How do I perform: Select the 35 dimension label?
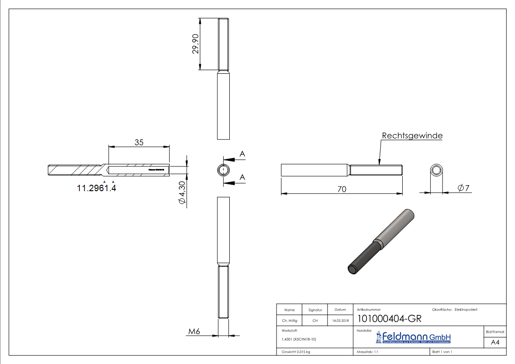tap(139, 142)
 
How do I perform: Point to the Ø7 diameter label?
tap(463, 188)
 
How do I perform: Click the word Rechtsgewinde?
tap(412, 136)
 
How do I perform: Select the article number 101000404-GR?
tap(389, 319)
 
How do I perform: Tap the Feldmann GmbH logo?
tap(414, 338)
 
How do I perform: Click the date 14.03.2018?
tap(340, 320)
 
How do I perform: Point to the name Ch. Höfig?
tap(289, 320)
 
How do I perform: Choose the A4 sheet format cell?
tap(495, 342)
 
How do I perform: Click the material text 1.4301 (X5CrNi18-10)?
tap(298, 339)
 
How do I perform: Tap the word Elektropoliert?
tap(466, 310)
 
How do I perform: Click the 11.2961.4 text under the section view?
tap(96, 188)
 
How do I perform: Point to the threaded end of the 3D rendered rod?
tap(358, 265)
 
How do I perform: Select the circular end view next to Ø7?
tap(436, 171)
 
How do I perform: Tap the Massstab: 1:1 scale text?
tap(367, 352)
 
